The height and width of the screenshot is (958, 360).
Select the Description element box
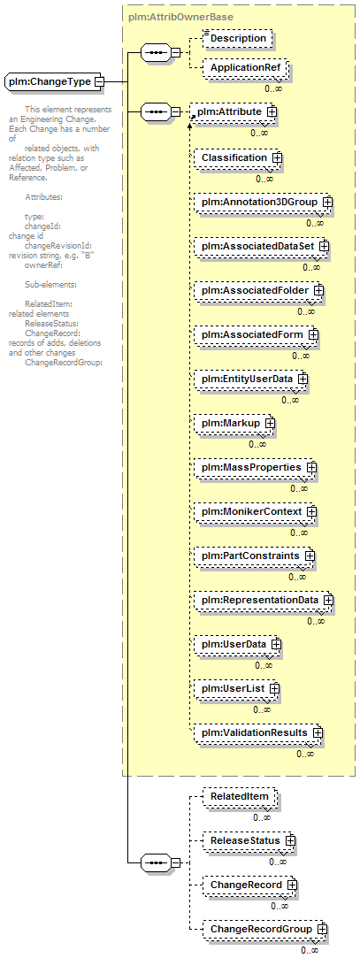click(237, 38)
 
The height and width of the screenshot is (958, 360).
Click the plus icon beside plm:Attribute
click(270, 112)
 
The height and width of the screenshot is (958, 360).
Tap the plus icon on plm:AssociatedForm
click(313, 334)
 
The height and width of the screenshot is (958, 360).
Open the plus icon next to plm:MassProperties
click(311, 467)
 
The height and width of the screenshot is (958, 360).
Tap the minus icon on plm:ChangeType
click(99, 81)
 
